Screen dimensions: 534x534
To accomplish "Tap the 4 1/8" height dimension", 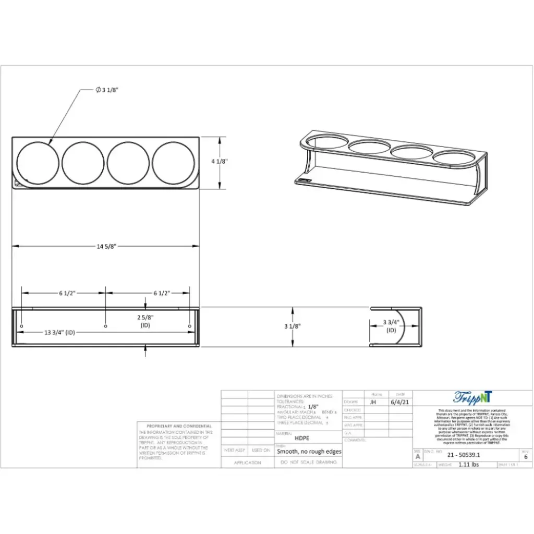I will tap(220, 162).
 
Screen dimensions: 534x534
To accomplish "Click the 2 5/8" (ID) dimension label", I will tap(145, 321).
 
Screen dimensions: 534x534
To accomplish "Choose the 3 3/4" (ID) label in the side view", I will tap(391, 326).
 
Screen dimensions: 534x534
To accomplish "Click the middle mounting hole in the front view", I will tap(106, 326).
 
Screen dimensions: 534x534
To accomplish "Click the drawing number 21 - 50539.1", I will tap(464, 455).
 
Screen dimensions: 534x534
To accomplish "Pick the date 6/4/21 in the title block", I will tap(400, 402).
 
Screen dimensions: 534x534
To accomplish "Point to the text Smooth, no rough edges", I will tap(309, 452).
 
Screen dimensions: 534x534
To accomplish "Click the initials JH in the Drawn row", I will tap(372, 402).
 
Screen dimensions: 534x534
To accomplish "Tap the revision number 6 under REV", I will tap(526, 456).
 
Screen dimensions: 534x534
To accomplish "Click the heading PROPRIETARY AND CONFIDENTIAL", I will tap(179, 426).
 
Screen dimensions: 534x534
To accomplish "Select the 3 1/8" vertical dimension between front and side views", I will tap(293, 326).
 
